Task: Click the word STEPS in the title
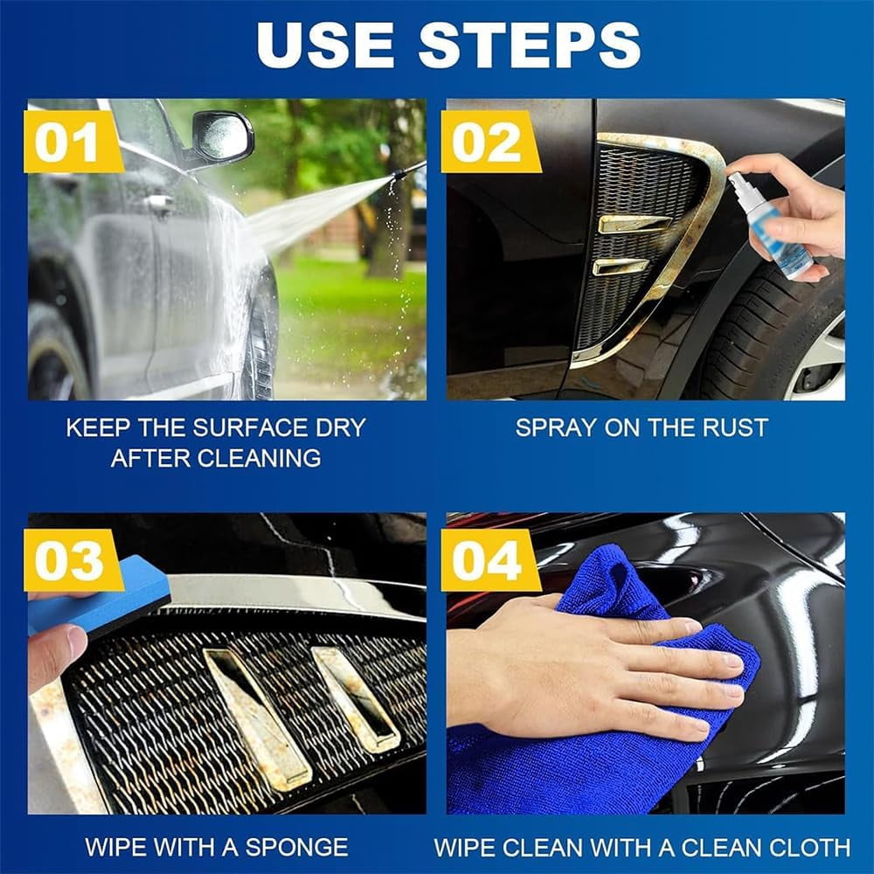point(529,45)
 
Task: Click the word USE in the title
point(325,45)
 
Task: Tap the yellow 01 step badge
point(73,142)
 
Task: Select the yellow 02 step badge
point(490,142)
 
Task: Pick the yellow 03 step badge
point(73,560)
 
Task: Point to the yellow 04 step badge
point(490,560)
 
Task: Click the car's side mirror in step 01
point(222,136)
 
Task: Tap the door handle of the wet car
point(159,202)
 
